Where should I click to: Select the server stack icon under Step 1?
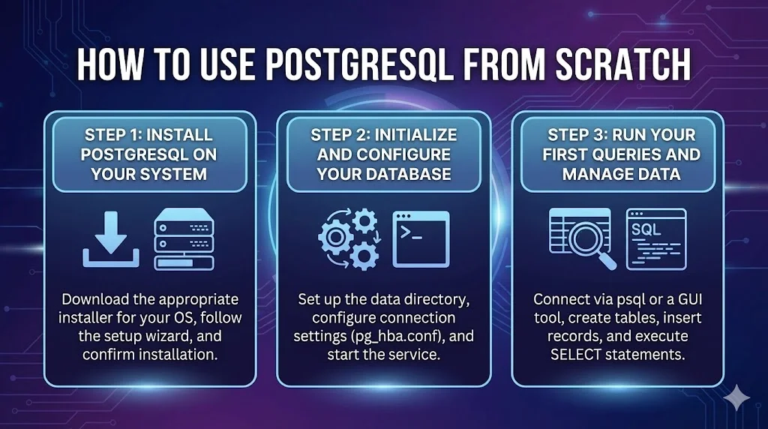(184, 239)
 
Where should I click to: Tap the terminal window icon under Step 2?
(421, 238)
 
